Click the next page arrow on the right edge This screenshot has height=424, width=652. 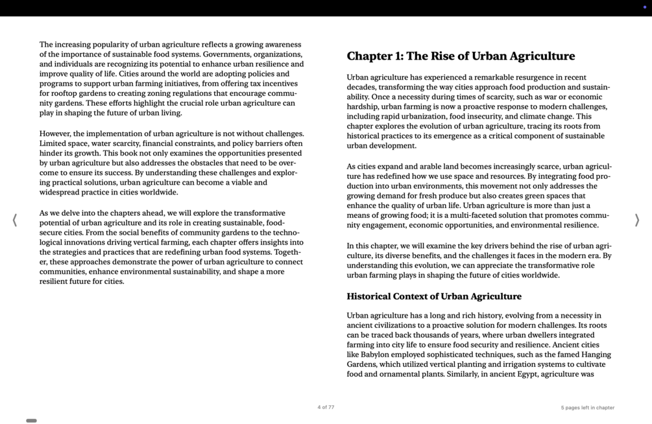coord(636,220)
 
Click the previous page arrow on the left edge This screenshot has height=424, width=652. coord(15,220)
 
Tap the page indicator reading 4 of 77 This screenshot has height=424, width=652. coord(326,407)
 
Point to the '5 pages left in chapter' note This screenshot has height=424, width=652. coord(587,408)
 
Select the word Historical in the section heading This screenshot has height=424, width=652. coord(368,296)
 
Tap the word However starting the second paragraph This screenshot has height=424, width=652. coord(55,134)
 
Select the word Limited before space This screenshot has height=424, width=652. coord(54,143)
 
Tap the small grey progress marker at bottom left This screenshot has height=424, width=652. coord(31,421)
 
